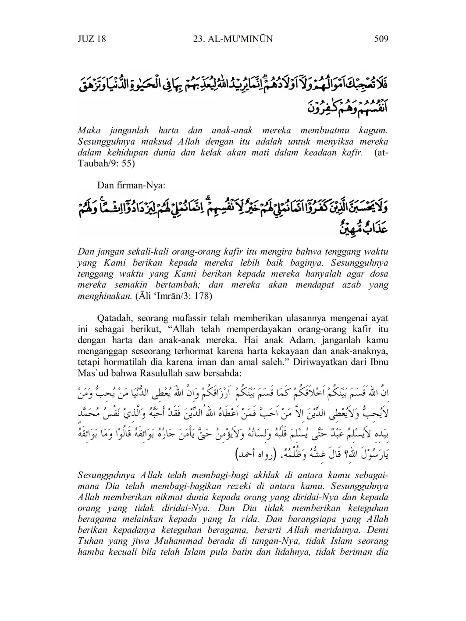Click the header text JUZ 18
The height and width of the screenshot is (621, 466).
click(x=92, y=39)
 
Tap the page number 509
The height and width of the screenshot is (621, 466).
click(x=381, y=39)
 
